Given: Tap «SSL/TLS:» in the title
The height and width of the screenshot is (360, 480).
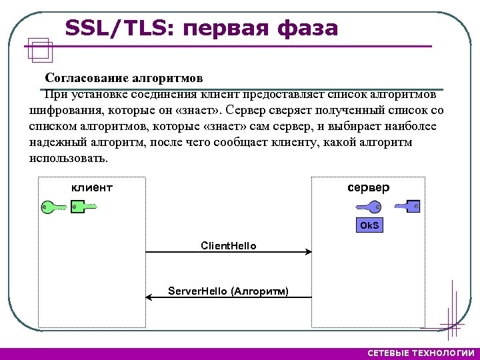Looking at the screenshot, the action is pyautogui.click(x=120, y=29).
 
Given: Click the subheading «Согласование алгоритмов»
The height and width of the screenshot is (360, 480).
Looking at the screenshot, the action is pyautogui.click(x=123, y=77).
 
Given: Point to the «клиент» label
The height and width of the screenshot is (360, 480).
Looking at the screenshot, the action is pyautogui.click(x=92, y=188).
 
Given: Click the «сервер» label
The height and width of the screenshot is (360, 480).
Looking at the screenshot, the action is pyautogui.click(x=369, y=187).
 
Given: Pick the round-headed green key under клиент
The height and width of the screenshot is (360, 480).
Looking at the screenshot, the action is pyautogui.click(x=53, y=207).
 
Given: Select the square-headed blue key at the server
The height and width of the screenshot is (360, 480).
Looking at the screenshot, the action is pyautogui.click(x=408, y=207).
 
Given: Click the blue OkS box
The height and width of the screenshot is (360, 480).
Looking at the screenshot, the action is pyautogui.click(x=369, y=225).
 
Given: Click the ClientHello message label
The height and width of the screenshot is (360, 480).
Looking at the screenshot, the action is pyautogui.click(x=229, y=245).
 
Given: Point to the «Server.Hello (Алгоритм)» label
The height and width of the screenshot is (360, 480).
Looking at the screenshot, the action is pyautogui.click(x=228, y=291).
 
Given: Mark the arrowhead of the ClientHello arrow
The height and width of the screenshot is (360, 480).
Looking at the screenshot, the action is pyautogui.click(x=309, y=252).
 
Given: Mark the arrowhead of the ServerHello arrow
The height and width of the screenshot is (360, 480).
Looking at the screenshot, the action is pyautogui.click(x=149, y=297).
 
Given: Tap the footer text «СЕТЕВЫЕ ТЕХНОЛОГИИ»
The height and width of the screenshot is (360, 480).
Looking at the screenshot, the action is pyautogui.click(x=421, y=353).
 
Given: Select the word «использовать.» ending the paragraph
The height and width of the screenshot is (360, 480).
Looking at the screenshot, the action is pyautogui.click(x=68, y=159).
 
